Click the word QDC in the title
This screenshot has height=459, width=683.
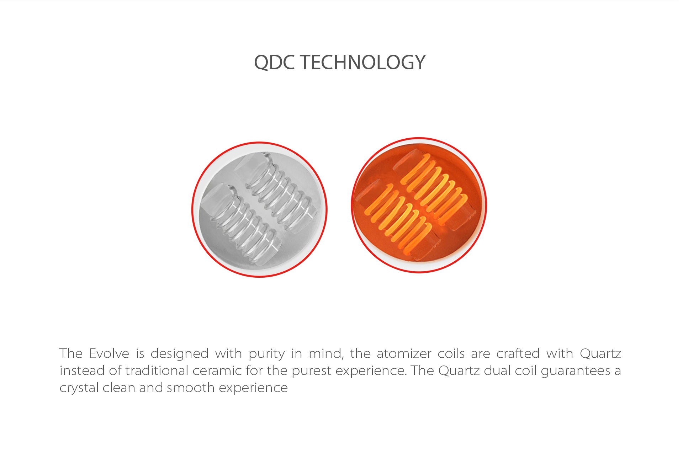(x=274, y=63)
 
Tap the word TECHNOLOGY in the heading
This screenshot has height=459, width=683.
(x=362, y=62)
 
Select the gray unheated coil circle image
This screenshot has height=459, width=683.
(x=260, y=209)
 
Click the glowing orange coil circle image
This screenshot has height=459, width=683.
(x=419, y=205)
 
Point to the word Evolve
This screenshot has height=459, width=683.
(x=109, y=353)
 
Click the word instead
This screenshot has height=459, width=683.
(x=82, y=370)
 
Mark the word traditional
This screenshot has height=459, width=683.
(x=157, y=370)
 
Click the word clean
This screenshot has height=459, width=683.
(x=119, y=388)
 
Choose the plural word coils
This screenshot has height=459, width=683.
(x=451, y=354)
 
